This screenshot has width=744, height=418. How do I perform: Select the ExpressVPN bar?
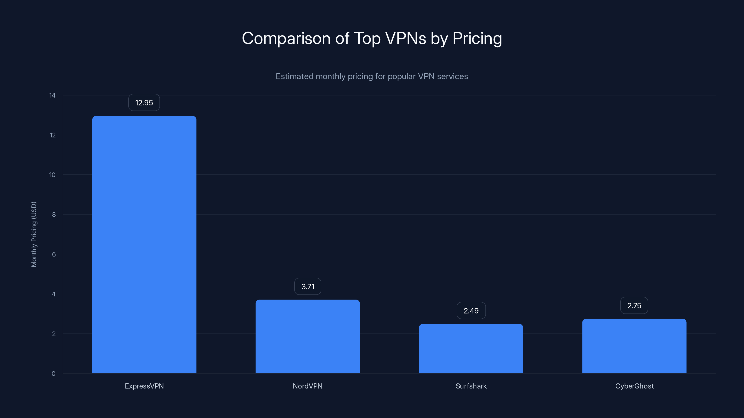[144, 245]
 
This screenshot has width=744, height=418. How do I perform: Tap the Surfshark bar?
[471, 349]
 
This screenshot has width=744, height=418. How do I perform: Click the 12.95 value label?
[144, 103]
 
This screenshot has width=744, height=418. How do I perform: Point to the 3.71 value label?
[308, 287]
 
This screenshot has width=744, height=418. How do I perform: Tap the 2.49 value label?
[471, 311]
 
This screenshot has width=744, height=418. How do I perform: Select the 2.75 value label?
[634, 306]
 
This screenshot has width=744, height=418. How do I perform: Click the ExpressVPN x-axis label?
[144, 386]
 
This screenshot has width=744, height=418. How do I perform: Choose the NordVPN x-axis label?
[308, 386]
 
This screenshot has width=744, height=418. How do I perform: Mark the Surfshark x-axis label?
[471, 386]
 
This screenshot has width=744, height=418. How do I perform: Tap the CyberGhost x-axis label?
[634, 386]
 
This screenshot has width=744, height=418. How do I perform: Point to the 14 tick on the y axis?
[52, 95]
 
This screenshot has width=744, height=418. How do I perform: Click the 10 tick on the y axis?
[52, 175]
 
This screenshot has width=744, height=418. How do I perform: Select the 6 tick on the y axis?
[54, 254]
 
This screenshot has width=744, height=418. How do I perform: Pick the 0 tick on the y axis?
[53, 374]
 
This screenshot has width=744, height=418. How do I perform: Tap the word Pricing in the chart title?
[477, 38]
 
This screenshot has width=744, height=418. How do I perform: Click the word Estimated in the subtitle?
[294, 76]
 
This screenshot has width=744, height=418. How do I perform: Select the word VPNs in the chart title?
[405, 38]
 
